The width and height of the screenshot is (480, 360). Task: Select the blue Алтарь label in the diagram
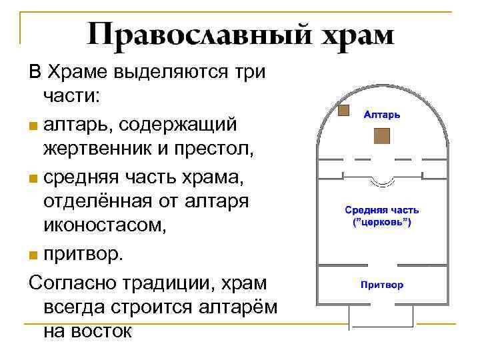coord(381,115)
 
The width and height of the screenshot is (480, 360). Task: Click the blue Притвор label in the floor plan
coord(381,285)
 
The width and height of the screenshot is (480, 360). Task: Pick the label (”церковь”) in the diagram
coord(381,221)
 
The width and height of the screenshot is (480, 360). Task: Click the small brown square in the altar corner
coord(344,111)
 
